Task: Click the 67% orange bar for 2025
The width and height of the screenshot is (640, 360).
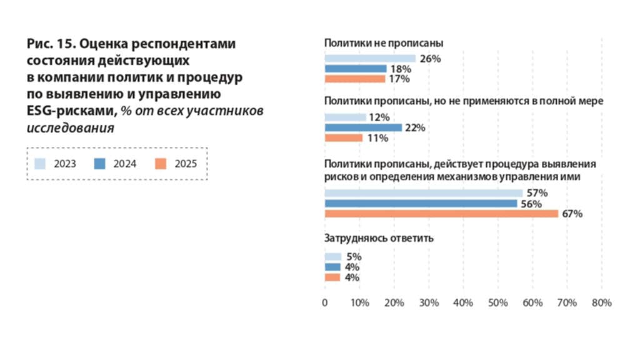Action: pyautogui.click(x=441, y=214)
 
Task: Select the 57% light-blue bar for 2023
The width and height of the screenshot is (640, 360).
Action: pyautogui.click(x=423, y=193)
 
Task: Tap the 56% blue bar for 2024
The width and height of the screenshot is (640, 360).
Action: pyautogui.click(x=421, y=204)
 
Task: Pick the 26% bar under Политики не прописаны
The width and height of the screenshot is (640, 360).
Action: pyautogui.click(x=370, y=59)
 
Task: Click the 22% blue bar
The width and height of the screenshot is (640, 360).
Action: pyautogui.click(x=362, y=127)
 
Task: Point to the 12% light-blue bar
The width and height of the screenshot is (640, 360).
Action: pyautogui.click(x=345, y=117)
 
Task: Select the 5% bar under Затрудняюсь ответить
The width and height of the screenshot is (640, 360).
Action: pyautogui.click(x=332, y=257)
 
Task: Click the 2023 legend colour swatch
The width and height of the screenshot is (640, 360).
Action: pyautogui.click(x=40, y=164)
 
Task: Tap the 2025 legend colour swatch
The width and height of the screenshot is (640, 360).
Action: pyautogui.click(x=160, y=164)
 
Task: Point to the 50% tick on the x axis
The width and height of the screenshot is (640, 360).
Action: pyautogui.click(x=498, y=303)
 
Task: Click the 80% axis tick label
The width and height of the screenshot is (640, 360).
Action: pyautogui.click(x=601, y=303)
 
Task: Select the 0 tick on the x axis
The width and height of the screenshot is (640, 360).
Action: pyautogui.click(x=325, y=303)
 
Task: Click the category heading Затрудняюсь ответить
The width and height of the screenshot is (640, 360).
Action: pyautogui.click(x=379, y=238)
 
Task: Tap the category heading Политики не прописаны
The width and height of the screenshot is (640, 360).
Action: pyautogui.click(x=384, y=43)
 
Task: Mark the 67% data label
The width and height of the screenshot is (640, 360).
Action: pyautogui.click(x=572, y=214)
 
